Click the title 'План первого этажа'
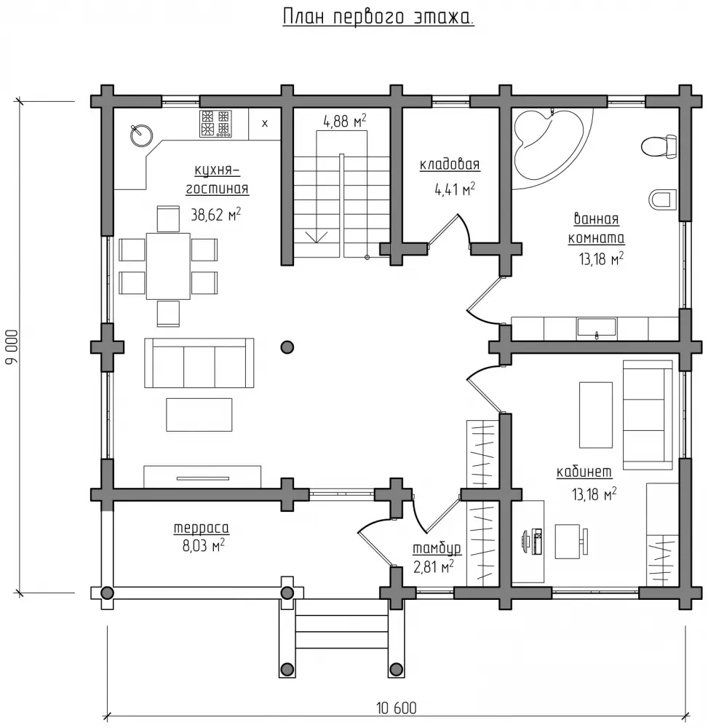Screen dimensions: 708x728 [x=378, y=17]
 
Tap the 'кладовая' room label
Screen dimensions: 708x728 [x=450, y=165]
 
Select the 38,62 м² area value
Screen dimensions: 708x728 [x=215, y=215]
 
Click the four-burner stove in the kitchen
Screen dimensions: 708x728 [x=215, y=124]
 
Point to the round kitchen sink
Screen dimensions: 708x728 [x=141, y=135]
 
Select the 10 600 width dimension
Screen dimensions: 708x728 [x=397, y=708]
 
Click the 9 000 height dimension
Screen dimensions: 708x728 [x=12, y=347]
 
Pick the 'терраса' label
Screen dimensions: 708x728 [x=202, y=528]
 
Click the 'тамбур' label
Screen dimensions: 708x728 [x=437, y=548]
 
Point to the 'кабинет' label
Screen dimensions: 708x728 [x=584, y=472]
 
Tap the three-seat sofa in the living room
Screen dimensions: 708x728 [x=199, y=363]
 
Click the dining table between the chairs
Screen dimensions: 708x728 [x=168, y=266]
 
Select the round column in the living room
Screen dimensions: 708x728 [x=287, y=347]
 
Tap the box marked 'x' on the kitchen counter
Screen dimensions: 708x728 [x=264, y=124]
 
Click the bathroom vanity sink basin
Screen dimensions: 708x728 [x=597, y=328]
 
